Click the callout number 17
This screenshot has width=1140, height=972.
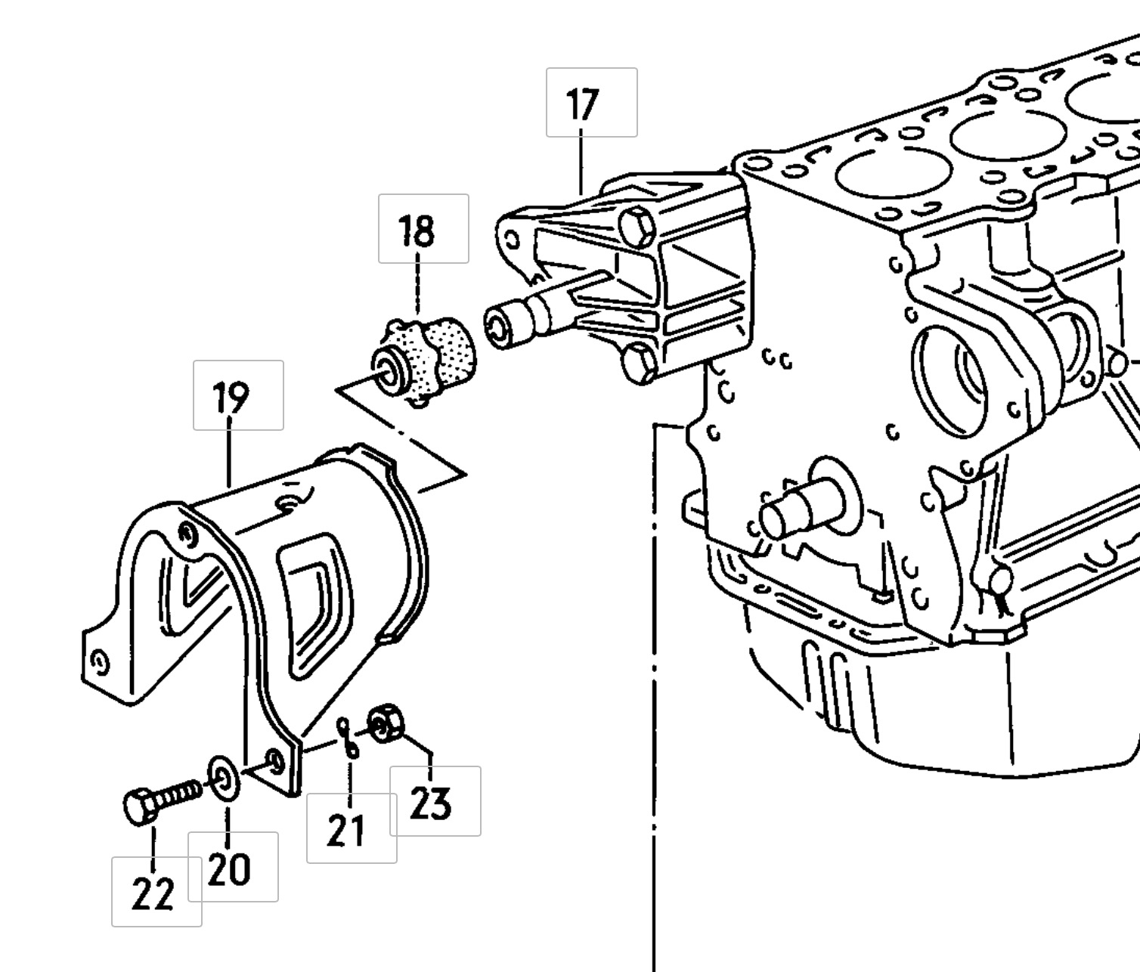(x=582, y=104)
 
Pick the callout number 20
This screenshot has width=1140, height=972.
(x=228, y=869)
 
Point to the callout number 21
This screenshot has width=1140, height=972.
(x=346, y=830)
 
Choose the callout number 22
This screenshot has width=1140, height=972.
(x=153, y=893)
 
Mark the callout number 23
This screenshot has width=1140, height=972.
(x=431, y=803)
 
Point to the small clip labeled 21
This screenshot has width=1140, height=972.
(x=349, y=736)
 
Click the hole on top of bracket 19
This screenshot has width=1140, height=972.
(x=287, y=503)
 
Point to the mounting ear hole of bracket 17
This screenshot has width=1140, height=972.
(x=512, y=241)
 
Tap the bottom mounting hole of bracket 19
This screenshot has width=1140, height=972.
(x=275, y=762)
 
